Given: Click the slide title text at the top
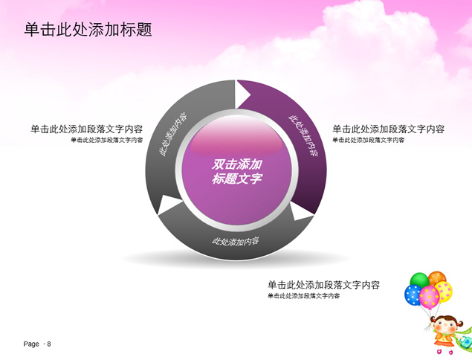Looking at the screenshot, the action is tap(88, 30).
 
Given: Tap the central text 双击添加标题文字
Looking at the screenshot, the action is tap(236, 171).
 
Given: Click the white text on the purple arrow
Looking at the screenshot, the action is tap(303, 135).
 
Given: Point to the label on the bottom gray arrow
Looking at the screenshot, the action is tap(236, 241).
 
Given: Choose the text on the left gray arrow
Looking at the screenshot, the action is tap(172, 135).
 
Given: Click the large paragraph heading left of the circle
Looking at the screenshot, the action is tap(87, 129).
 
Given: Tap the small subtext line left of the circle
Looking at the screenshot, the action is tap(107, 140).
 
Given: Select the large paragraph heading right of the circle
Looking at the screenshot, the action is tap(388, 129).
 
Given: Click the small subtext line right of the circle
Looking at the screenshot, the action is tap(369, 140).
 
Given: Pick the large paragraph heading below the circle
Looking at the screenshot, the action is tap(323, 285).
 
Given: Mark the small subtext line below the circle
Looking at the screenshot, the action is tap(304, 296).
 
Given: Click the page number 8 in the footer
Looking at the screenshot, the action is tap(49, 344).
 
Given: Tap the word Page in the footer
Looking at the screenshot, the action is tap(31, 344).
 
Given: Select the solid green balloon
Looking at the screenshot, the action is tap(419, 280).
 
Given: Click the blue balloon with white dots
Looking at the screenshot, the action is tap(413, 295).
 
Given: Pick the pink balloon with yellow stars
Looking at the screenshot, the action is tap(430, 297).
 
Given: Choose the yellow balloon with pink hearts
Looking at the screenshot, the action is tap(444, 291).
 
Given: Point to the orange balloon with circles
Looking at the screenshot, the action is tap(437, 277).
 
